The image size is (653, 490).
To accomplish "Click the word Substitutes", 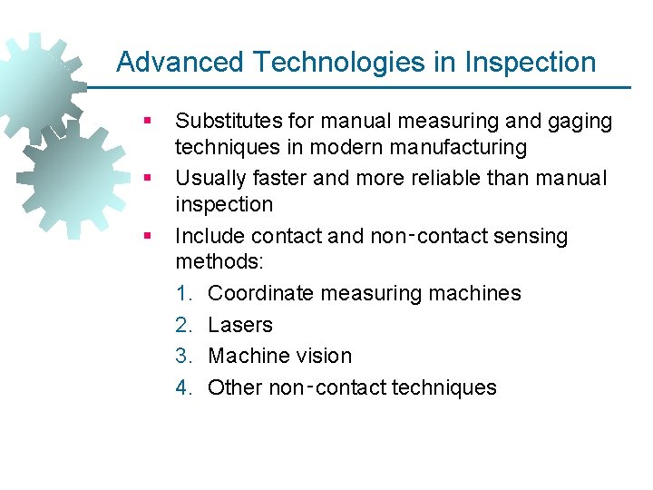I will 228,121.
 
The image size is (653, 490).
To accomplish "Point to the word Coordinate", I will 261,294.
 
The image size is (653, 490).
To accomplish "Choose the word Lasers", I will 239,325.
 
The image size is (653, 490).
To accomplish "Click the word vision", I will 325,356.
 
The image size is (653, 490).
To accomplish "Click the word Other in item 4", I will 235,387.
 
